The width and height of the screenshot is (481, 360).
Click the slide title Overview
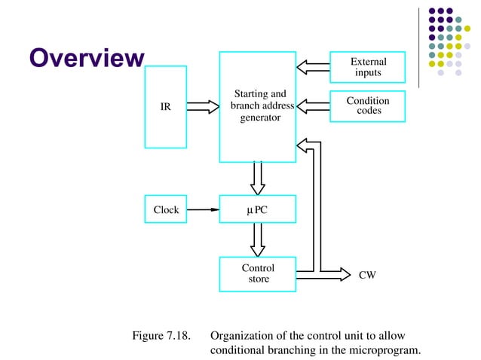86,58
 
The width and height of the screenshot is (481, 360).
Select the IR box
165,107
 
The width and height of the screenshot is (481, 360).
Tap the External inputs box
368,67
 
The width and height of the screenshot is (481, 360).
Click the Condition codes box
368,105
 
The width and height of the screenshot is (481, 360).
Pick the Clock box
166,209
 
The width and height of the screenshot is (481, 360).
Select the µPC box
257,209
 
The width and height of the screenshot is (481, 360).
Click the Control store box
257,273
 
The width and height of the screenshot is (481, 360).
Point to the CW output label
367,276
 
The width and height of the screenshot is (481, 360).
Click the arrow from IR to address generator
202,107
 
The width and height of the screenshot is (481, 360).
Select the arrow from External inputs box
313,67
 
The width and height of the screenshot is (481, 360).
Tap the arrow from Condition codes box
313,105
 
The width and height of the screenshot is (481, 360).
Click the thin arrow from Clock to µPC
203,209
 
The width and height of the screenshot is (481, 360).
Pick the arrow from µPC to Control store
257,239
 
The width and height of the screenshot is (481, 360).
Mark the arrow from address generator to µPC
257,178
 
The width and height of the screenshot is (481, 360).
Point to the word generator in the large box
260,118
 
